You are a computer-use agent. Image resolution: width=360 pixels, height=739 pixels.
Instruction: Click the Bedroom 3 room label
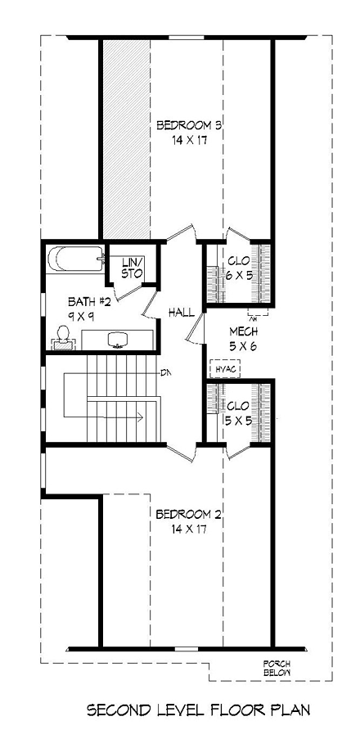[x=189, y=125]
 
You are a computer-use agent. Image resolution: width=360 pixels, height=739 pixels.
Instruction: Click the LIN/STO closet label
[x=132, y=267]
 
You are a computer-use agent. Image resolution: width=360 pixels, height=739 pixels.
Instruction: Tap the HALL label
[x=181, y=313]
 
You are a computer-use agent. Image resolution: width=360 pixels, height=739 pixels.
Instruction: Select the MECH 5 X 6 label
[x=244, y=337]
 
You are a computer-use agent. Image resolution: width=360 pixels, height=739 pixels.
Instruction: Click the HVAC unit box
[x=226, y=369]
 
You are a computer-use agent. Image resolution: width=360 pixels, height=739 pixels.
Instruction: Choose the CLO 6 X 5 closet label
[x=238, y=267]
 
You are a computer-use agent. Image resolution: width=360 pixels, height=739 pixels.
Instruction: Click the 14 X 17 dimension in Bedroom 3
[x=189, y=140]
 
